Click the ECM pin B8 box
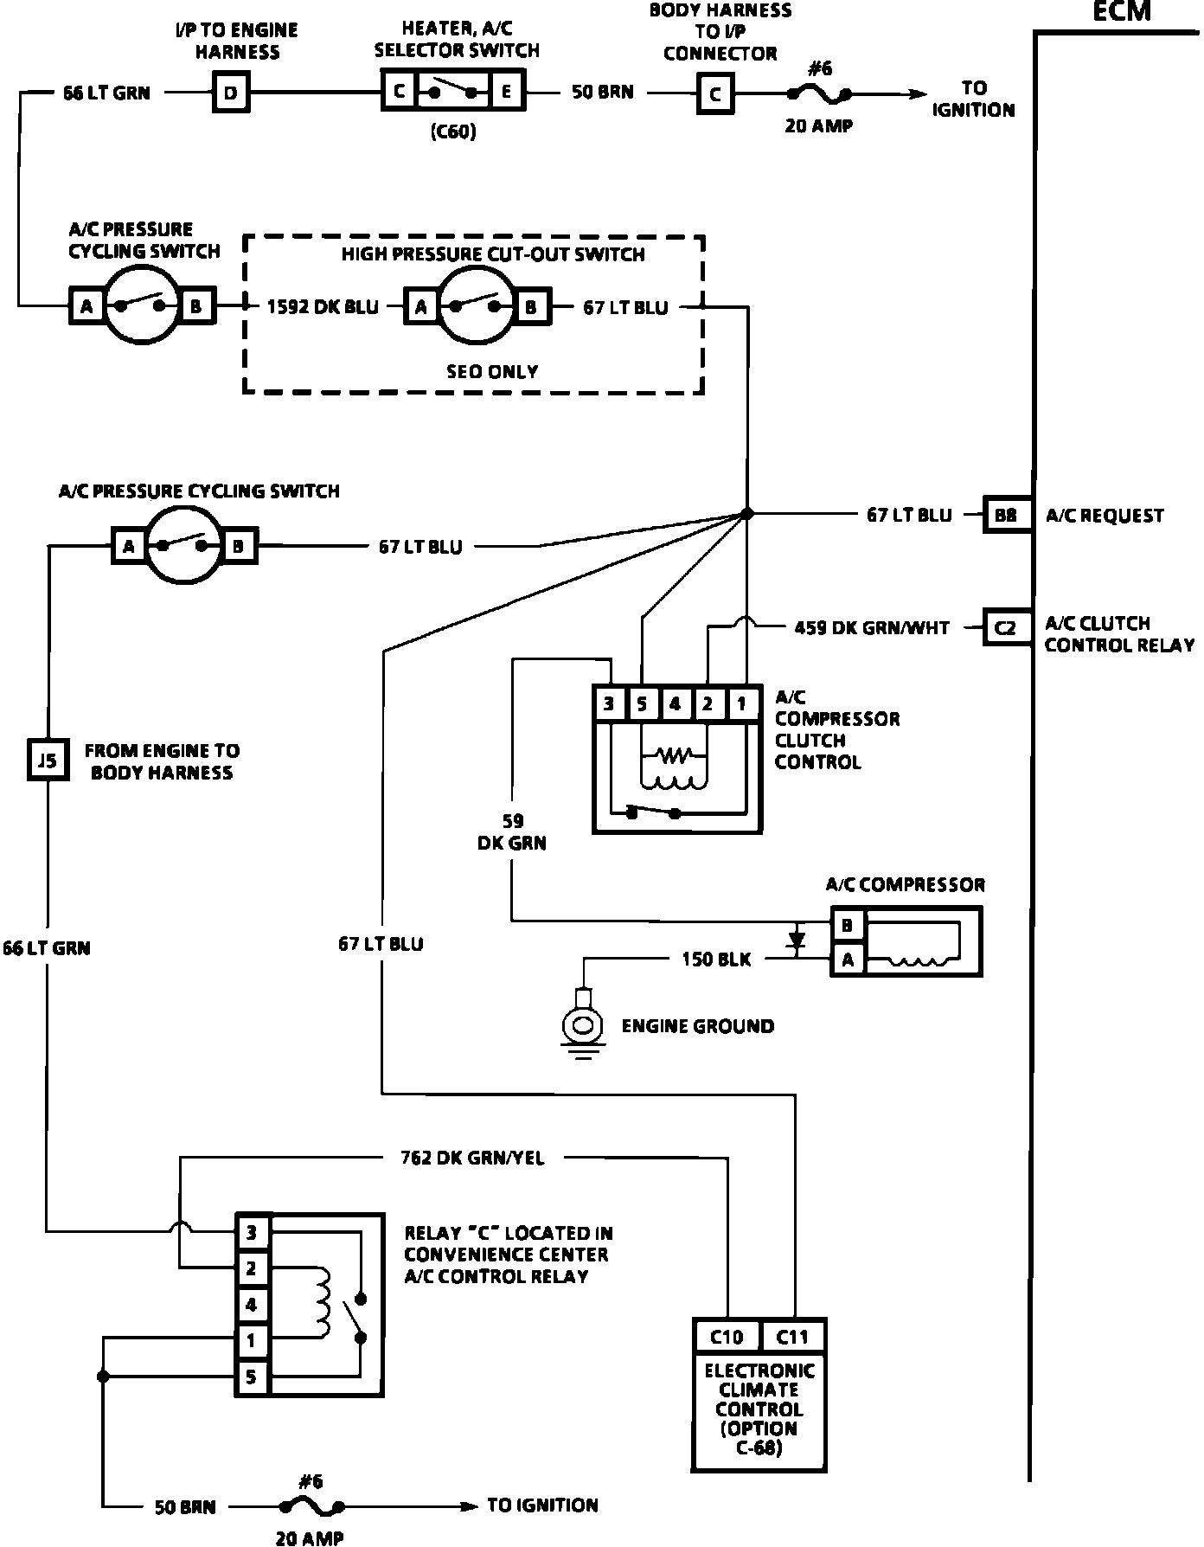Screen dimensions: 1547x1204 tap(1005, 515)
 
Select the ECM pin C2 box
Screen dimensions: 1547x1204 tap(1005, 628)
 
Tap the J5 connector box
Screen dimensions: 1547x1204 tap(48, 761)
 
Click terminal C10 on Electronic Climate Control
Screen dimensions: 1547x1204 tap(727, 1337)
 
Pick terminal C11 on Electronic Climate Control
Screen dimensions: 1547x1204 tap(792, 1337)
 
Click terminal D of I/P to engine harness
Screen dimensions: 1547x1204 tap(231, 93)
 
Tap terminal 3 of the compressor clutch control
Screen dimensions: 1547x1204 tap(609, 703)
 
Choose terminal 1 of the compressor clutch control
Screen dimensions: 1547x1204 tap(741, 703)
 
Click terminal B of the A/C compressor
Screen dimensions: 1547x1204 tap(848, 926)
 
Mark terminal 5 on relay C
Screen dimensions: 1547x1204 tap(252, 1377)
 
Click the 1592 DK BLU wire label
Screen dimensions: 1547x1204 tap(323, 306)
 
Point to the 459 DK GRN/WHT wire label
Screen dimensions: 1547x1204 tap(871, 628)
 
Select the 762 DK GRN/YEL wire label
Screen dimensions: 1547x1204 tap(472, 1158)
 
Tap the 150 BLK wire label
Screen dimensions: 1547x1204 tap(716, 959)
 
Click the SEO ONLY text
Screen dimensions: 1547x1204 tap(492, 372)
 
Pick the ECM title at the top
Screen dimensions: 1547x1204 tap(1122, 11)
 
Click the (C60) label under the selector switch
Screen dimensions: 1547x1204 tap(453, 132)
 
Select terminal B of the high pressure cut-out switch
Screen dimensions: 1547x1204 tap(530, 306)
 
